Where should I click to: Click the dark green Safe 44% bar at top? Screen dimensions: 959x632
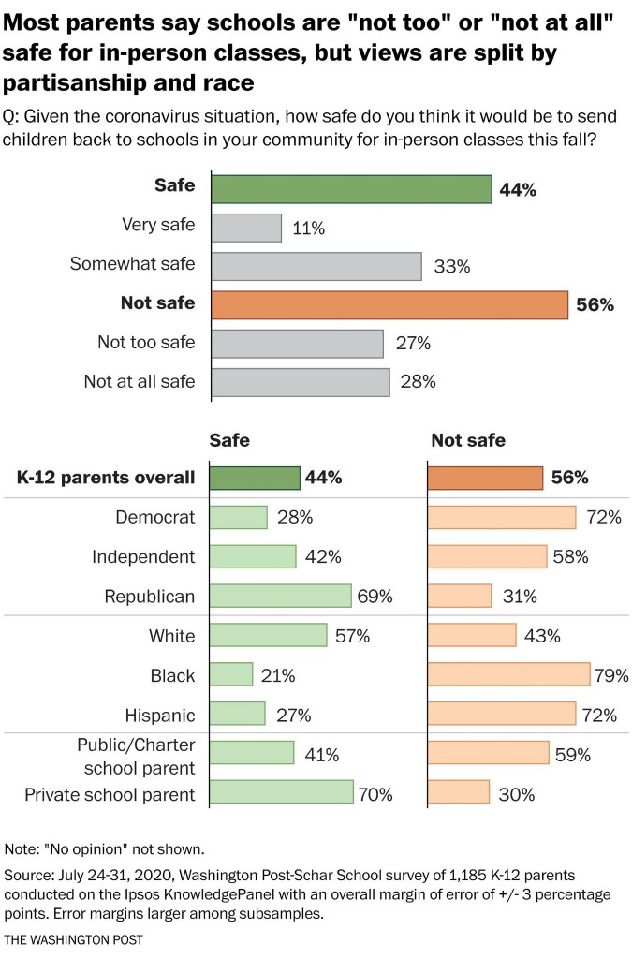pos(351,188)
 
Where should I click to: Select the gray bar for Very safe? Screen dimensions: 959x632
pos(246,228)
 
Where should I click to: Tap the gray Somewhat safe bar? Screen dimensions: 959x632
pos(316,266)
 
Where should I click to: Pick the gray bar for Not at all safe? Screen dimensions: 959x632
pos(301,382)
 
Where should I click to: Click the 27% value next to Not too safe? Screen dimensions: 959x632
pos(412,344)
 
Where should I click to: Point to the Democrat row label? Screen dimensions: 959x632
pos(154,517)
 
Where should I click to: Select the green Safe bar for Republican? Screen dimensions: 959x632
pos(281,596)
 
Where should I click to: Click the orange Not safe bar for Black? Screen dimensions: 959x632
pos(508,675)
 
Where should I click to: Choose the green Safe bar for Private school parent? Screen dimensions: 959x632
pos(282,794)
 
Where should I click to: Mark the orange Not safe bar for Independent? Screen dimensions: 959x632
pos(487,556)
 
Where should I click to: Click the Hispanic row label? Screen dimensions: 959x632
pos(159,716)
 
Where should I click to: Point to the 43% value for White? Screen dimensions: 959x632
pos(542,636)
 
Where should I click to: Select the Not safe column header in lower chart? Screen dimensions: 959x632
pos(467,440)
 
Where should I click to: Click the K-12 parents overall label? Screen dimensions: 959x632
pos(106,478)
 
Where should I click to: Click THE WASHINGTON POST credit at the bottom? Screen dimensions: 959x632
pos(72,938)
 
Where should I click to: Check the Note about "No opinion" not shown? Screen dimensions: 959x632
pos(104,849)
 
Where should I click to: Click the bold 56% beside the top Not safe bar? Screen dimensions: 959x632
pos(595,305)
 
